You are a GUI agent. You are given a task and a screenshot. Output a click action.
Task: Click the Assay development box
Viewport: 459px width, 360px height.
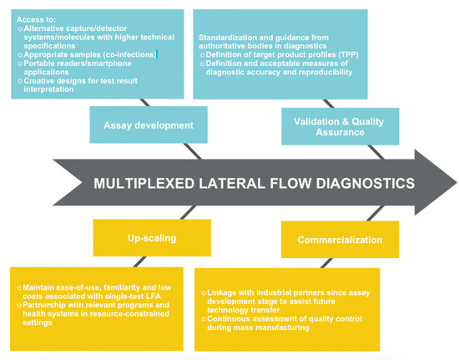pyautogui.click(x=149, y=124)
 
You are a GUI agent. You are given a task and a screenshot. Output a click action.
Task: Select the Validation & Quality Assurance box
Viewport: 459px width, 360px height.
pyautogui.click(x=340, y=126)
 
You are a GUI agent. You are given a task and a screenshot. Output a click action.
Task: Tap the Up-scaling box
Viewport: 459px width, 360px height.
pyautogui.click(x=152, y=238)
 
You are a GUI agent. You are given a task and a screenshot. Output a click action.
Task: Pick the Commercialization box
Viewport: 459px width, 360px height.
pyautogui.click(x=340, y=240)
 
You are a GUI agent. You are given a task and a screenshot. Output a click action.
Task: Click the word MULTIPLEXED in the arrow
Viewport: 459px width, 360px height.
pyautogui.click(x=144, y=184)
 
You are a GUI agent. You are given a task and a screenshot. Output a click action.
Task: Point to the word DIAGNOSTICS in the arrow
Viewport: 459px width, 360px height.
pyautogui.click(x=365, y=184)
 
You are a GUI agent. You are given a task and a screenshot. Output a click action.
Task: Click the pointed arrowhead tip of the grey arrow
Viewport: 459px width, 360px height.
pyautogui.click(x=456, y=183)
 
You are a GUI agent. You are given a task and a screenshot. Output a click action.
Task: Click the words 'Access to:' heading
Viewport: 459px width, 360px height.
pyautogui.click(x=36, y=19)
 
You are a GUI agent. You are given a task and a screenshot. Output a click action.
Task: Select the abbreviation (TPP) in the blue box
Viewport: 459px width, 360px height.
pyautogui.click(x=348, y=55)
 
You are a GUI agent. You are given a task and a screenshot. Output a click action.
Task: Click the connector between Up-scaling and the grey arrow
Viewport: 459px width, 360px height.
pyautogui.click(x=188, y=212)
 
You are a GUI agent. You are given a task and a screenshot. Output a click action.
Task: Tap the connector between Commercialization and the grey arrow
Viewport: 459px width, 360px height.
pyautogui.click(x=375, y=213)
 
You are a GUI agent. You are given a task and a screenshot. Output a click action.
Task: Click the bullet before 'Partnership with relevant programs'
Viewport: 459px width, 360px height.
pyautogui.click(x=19, y=305)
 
